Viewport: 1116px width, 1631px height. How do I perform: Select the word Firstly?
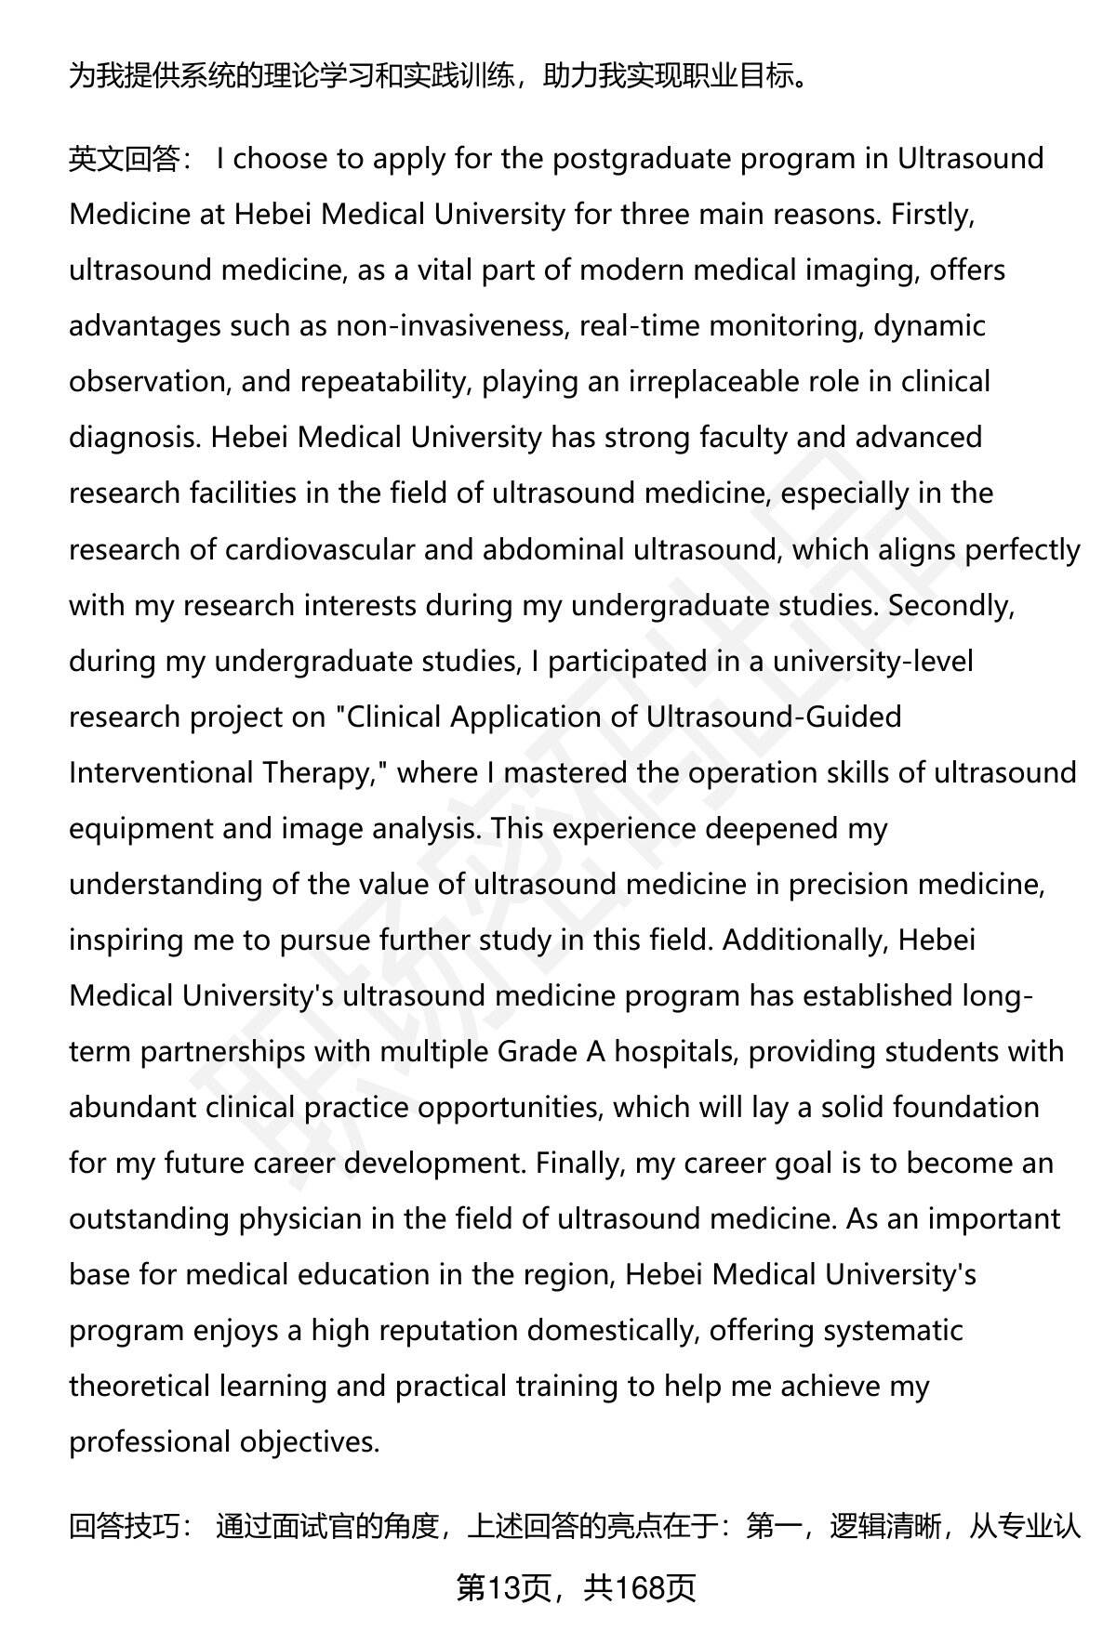[x=931, y=215]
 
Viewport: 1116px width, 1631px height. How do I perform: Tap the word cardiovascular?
[x=320, y=549]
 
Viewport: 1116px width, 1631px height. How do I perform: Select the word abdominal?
[x=553, y=549]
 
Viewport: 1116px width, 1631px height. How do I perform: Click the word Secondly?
[x=950, y=605]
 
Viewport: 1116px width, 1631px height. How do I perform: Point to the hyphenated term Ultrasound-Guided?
[x=774, y=717]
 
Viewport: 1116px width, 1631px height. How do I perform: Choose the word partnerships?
[x=222, y=1051]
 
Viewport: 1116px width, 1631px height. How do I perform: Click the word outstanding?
[x=149, y=1218]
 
